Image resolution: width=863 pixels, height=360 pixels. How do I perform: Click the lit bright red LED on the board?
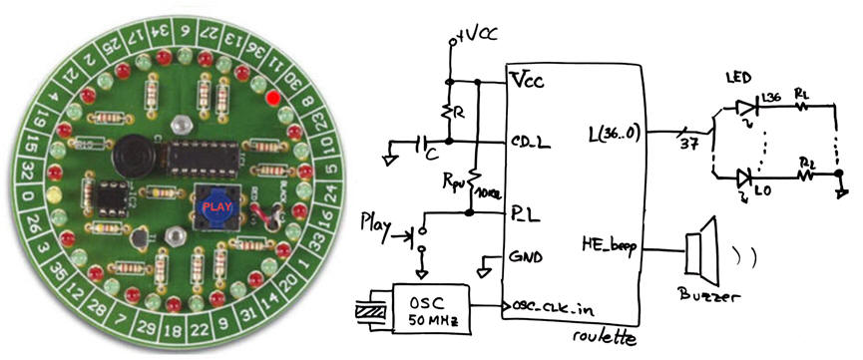[271, 99]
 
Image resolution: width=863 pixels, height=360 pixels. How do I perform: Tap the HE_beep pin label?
[609, 243]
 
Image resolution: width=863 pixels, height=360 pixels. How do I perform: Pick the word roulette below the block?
[604, 339]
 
